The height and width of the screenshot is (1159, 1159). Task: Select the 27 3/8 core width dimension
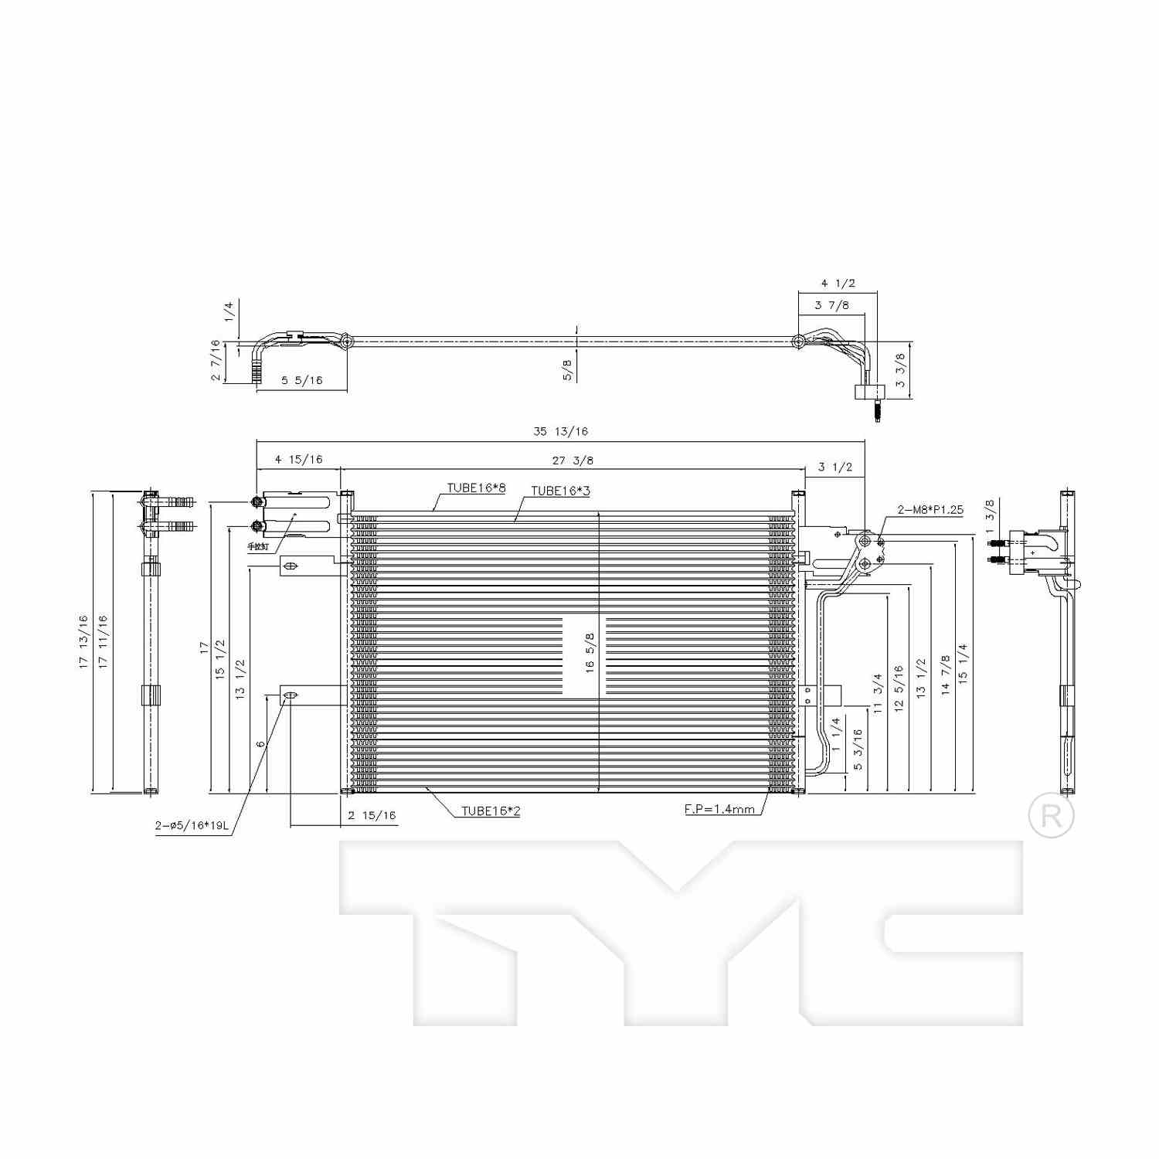pyautogui.click(x=573, y=461)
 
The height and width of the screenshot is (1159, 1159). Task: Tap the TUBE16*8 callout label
pyautogui.click(x=476, y=488)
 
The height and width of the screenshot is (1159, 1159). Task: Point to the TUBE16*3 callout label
pyautogui.click(x=560, y=491)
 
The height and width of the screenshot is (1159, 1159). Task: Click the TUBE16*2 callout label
pyautogui.click(x=491, y=811)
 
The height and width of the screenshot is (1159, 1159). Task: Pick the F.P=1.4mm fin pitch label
pyautogui.click(x=719, y=809)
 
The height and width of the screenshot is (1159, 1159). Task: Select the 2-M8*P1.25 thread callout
pyautogui.click(x=930, y=509)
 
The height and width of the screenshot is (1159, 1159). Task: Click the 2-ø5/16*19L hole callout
pyautogui.click(x=192, y=825)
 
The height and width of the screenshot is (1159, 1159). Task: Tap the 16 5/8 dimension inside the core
pyautogui.click(x=590, y=653)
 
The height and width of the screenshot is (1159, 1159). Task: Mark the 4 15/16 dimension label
pyautogui.click(x=298, y=460)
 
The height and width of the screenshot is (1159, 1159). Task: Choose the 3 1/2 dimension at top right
pyautogui.click(x=834, y=467)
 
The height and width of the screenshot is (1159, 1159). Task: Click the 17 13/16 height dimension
pyautogui.click(x=83, y=641)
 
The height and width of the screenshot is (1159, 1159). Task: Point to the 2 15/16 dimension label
pyautogui.click(x=372, y=815)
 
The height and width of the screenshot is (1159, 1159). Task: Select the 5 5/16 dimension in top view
pyautogui.click(x=301, y=380)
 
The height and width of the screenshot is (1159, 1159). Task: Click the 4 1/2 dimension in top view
pyautogui.click(x=838, y=284)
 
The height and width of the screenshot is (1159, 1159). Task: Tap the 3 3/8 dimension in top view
pyautogui.click(x=899, y=370)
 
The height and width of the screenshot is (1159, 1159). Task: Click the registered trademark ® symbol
pyautogui.click(x=1051, y=816)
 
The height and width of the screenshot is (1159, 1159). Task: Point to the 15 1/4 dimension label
pyautogui.click(x=962, y=662)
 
